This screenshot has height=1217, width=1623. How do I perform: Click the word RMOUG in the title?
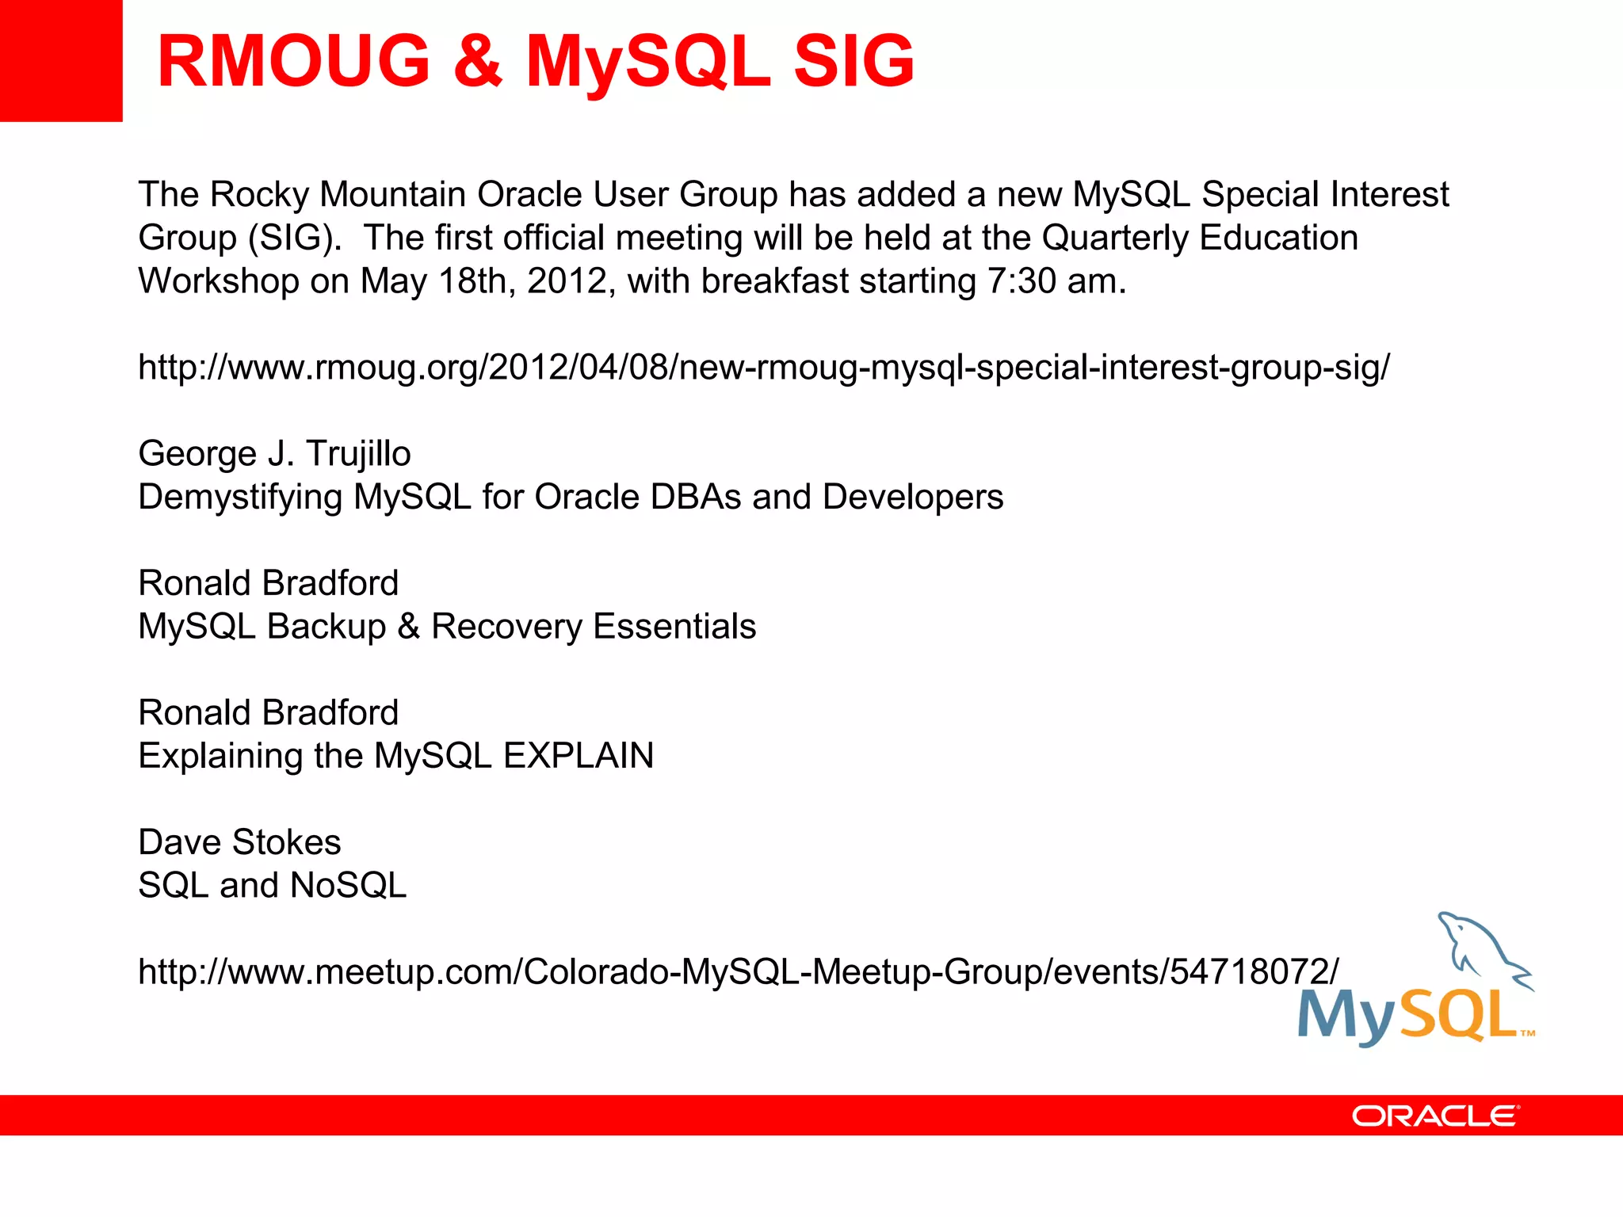(293, 62)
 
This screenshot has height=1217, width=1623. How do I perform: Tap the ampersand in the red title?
(478, 62)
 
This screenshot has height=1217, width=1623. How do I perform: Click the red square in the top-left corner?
(60, 60)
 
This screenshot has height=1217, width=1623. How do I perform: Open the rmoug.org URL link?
(763, 368)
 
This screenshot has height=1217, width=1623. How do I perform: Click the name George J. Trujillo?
(274, 454)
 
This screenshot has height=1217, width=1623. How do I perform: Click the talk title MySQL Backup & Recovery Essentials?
(447, 627)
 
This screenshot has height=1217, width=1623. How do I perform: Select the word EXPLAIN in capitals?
(579, 756)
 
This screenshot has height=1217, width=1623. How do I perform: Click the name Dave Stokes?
(239, 842)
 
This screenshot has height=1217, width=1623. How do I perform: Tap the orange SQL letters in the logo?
(1458, 1016)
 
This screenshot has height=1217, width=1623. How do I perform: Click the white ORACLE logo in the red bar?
(1435, 1116)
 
